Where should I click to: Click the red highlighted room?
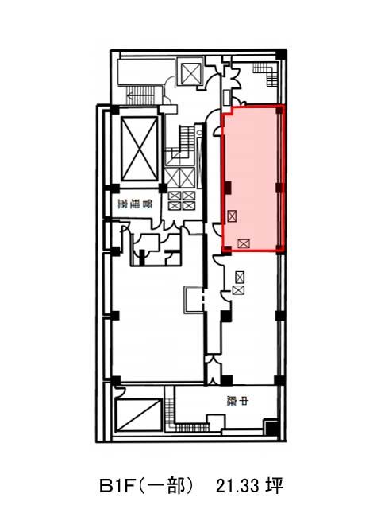(x=253, y=178)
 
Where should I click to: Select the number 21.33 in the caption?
(x=238, y=486)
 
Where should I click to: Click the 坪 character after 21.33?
(x=275, y=486)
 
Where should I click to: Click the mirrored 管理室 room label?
(x=136, y=204)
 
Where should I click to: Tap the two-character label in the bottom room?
(x=237, y=402)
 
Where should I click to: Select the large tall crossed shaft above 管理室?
(x=140, y=149)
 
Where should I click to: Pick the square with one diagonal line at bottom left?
(x=140, y=415)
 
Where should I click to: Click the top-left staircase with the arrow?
(x=140, y=95)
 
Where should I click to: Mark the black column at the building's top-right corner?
(x=281, y=55)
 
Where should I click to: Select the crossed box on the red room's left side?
(x=232, y=216)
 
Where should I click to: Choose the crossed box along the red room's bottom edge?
(x=244, y=243)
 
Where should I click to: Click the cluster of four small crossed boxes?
(x=182, y=200)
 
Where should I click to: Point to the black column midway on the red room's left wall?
(x=228, y=188)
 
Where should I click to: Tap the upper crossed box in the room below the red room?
(x=240, y=278)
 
